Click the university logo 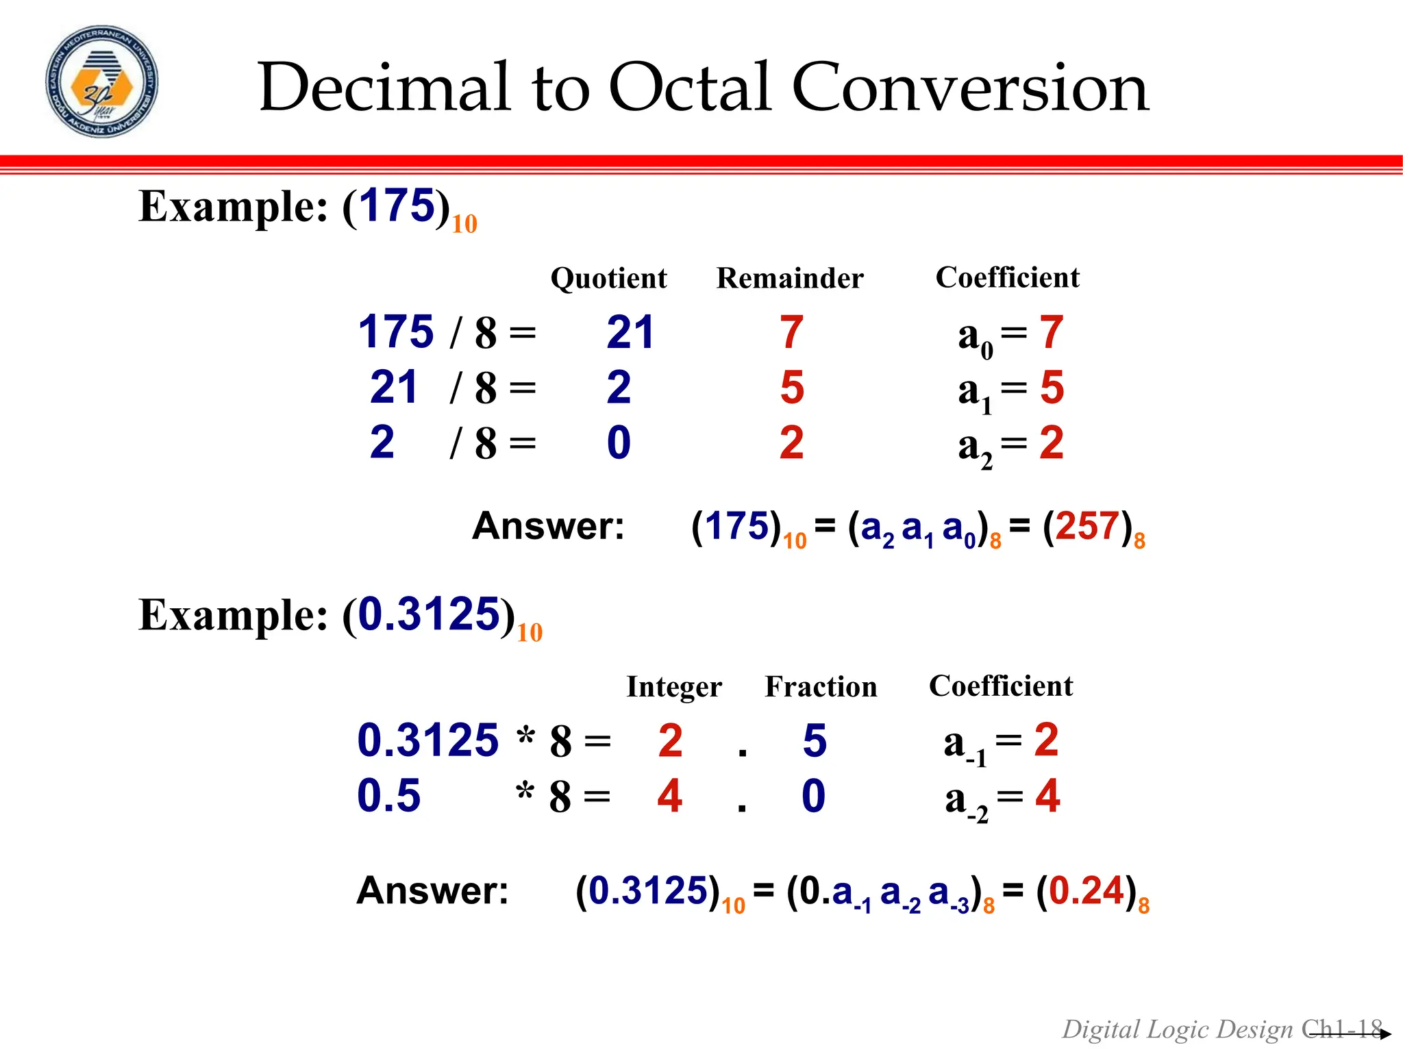[101, 82]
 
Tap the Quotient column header [608, 278]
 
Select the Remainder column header [789, 278]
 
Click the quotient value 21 [630, 333]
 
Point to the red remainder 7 [791, 333]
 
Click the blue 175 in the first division [396, 332]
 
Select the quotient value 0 [619, 443]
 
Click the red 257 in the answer [1087, 527]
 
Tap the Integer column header [674, 687]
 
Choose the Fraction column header [821, 687]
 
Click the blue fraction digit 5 [815, 740]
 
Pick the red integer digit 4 [669, 796]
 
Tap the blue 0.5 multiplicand [388, 796]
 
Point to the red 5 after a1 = [1052, 388]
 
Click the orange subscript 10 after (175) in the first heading [464, 224]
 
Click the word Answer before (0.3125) [432, 891]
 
